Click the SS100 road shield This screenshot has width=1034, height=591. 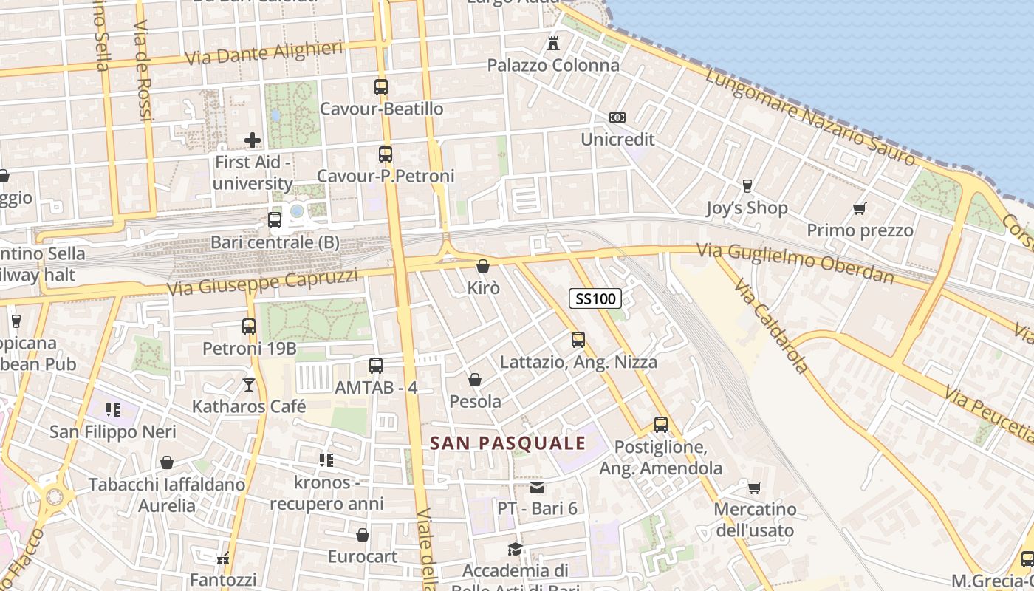pos(595,298)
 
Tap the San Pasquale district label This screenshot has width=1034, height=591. pos(508,443)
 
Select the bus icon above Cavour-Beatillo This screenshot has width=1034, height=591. pos(381,87)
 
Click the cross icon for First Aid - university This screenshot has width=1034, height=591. pos(253,140)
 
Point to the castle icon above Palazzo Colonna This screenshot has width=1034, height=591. pos(553,44)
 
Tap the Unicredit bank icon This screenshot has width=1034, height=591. pos(617,117)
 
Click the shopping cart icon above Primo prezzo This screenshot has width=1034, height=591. pos(859,209)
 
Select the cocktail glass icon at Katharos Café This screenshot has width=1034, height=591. pos(249,385)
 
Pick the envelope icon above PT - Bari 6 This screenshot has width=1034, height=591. pos(537,488)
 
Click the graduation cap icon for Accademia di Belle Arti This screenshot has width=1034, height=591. pos(515,550)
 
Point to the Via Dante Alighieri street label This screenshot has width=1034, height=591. pos(264,53)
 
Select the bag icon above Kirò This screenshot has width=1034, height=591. pos(483,266)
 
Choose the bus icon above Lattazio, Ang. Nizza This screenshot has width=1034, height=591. pos(578,340)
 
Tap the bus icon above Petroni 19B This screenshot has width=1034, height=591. pos(249,326)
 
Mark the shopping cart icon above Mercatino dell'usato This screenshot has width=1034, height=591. pos(754,488)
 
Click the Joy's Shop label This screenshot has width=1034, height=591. pos(747,208)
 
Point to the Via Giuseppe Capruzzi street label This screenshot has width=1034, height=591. pos(262,281)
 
